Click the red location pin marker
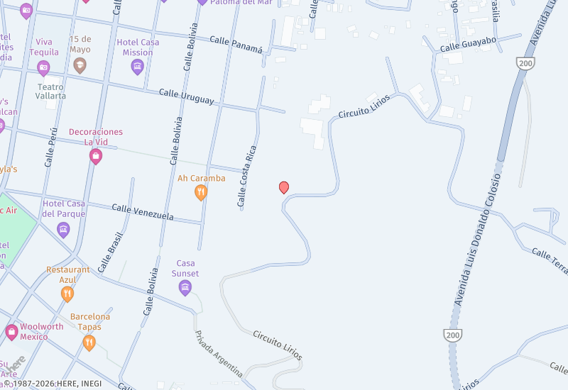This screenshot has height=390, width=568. (284, 187)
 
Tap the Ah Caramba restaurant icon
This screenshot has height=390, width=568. (201, 192)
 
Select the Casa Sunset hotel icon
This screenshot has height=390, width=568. (185, 287)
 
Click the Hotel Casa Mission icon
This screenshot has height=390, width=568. (138, 67)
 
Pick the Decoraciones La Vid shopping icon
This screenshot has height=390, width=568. (96, 156)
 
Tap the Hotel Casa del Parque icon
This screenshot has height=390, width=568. (63, 229)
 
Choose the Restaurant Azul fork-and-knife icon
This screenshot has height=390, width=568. (67, 294)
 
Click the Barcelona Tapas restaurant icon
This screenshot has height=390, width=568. (89, 343)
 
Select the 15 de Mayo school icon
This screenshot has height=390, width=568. (80, 66)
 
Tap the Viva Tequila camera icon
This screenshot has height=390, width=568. (43, 67)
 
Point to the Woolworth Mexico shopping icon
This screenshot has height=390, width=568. (11, 331)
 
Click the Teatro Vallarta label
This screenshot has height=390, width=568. (51, 91)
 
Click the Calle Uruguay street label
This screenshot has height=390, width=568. (186, 96)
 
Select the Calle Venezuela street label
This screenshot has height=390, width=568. (143, 211)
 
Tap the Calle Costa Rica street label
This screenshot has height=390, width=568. (246, 177)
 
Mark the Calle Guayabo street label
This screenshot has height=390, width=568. (468, 44)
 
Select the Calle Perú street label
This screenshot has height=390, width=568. (50, 147)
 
